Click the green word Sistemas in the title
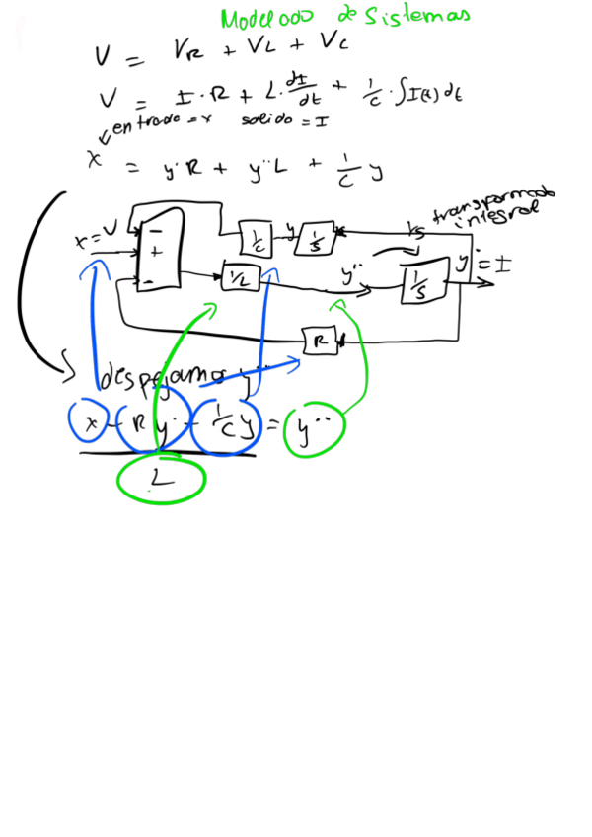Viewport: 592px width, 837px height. pos(413,16)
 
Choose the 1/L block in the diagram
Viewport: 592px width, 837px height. pos(239,278)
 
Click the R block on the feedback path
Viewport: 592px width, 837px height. pos(319,341)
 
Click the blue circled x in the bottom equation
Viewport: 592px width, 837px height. pos(90,423)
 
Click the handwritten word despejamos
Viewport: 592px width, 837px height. pos(163,376)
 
